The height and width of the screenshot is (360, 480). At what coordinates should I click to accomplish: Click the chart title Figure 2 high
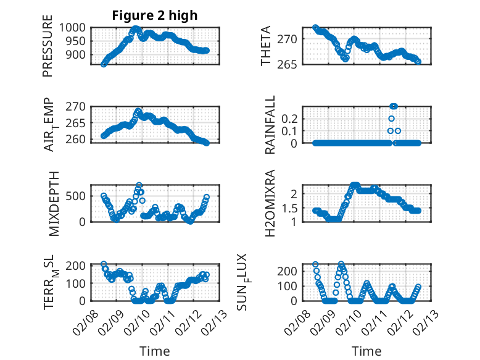(x=155, y=16)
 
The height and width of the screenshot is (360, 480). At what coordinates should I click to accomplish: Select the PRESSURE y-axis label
(x=48, y=51)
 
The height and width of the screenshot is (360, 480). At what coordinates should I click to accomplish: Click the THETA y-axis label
(x=267, y=46)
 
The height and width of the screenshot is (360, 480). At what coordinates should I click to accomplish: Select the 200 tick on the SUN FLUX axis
(x=291, y=270)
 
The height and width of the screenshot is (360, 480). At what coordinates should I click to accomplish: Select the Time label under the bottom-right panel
(x=366, y=351)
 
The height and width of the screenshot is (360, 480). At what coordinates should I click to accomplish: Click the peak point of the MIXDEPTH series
(x=139, y=185)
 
